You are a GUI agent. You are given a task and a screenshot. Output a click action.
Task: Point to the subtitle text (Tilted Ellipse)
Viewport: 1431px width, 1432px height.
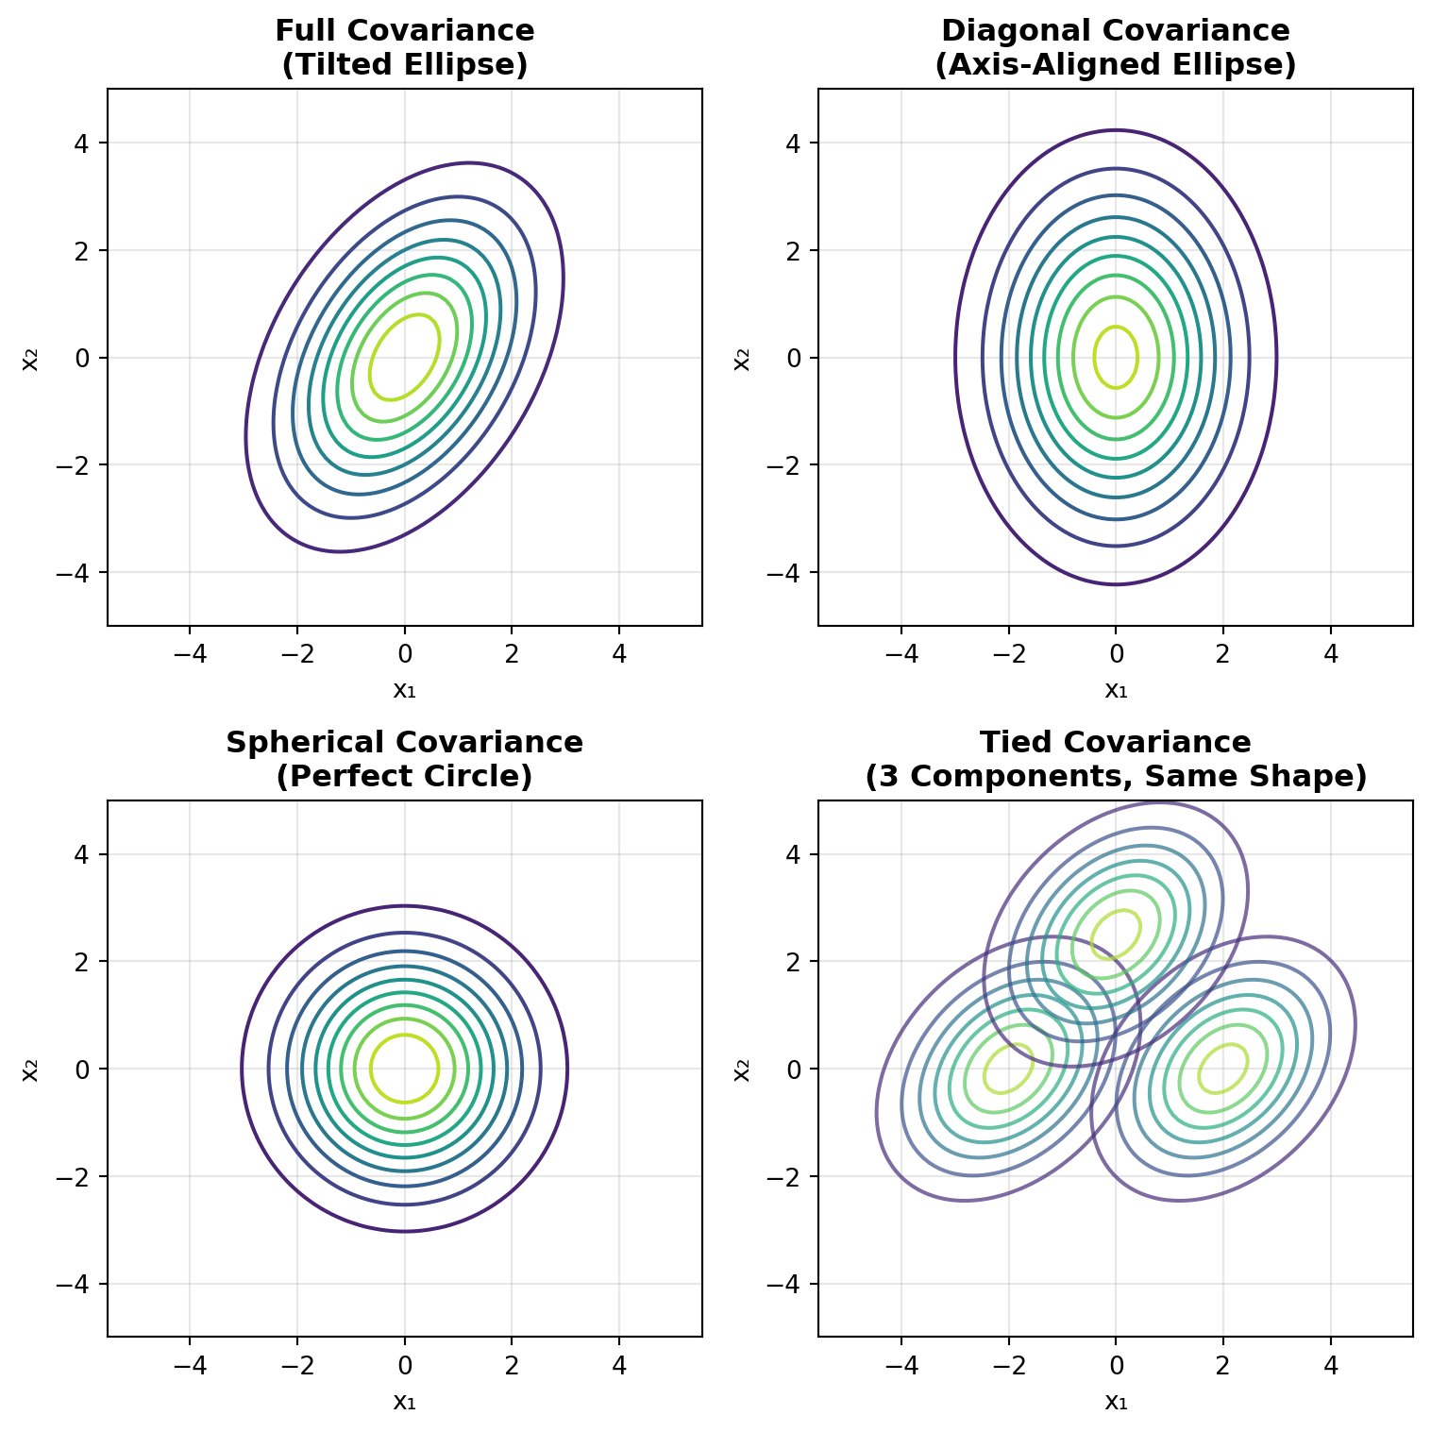pyautogui.click(x=404, y=65)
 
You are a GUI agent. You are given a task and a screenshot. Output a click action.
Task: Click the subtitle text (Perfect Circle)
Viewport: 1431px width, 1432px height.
pyautogui.click(x=404, y=777)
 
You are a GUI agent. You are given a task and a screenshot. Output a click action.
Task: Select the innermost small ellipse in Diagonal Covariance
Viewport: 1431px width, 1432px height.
pyautogui.click(x=1136, y=357)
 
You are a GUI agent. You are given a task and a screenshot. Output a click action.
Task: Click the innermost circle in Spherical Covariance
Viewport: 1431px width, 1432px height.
pyautogui.click(x=437, y=1069)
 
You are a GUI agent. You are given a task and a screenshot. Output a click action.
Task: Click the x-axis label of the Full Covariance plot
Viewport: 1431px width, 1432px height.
pyautogui.click(x=404, y=690)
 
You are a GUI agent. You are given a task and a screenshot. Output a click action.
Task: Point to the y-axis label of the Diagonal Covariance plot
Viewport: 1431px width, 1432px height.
pyautogui.click(x=742, y=358)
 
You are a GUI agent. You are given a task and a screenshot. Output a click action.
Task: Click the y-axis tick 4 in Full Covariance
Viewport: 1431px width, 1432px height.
pyautogui.click(x=92, y=143)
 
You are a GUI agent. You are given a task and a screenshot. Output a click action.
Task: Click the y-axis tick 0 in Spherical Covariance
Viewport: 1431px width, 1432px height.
pyautogui.click(x=92, y=1070)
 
